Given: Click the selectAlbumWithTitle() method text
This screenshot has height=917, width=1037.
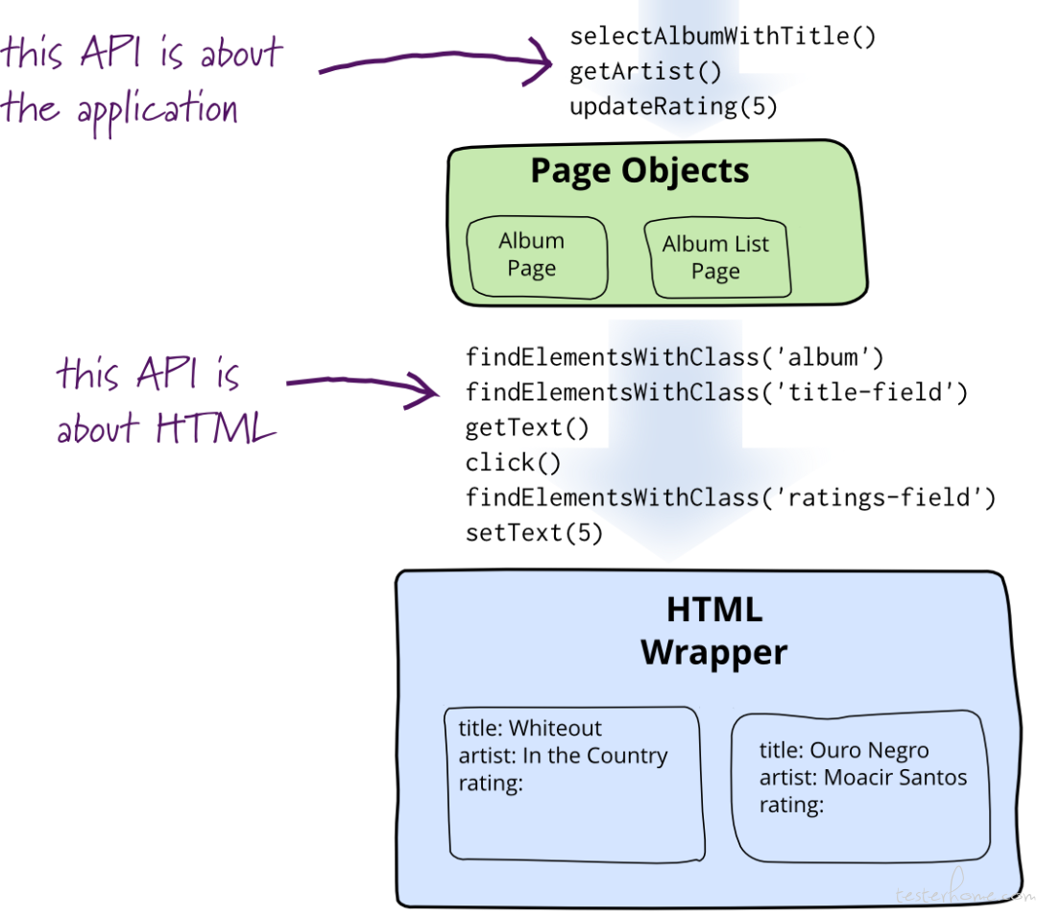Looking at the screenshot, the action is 722,36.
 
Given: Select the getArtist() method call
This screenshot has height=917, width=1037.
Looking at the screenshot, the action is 645,71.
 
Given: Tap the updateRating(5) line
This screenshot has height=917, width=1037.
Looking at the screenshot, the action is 673,107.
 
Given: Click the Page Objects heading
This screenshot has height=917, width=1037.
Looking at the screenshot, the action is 639,171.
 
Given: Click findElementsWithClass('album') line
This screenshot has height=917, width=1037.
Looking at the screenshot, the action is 674,357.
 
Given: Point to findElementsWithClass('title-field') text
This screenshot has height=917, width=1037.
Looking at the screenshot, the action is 716,393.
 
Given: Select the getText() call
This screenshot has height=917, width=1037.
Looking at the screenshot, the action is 526,427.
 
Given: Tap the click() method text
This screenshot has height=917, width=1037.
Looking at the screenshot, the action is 513,463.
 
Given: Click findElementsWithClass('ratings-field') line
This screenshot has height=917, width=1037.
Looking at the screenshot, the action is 730,497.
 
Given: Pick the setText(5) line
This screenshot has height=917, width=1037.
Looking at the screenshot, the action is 534,533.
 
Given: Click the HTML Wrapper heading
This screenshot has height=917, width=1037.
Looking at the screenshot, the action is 714,631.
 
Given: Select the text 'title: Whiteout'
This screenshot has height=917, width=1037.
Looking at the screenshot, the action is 530,728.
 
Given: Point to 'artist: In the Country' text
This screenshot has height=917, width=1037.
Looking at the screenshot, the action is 563,756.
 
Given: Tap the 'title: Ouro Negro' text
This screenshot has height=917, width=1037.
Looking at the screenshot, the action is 844,750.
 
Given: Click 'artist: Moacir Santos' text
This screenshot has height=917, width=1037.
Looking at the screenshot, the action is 863,778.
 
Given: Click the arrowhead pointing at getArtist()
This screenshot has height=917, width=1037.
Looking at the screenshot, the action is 541,61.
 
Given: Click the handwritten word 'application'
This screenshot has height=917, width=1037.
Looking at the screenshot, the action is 157,110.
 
